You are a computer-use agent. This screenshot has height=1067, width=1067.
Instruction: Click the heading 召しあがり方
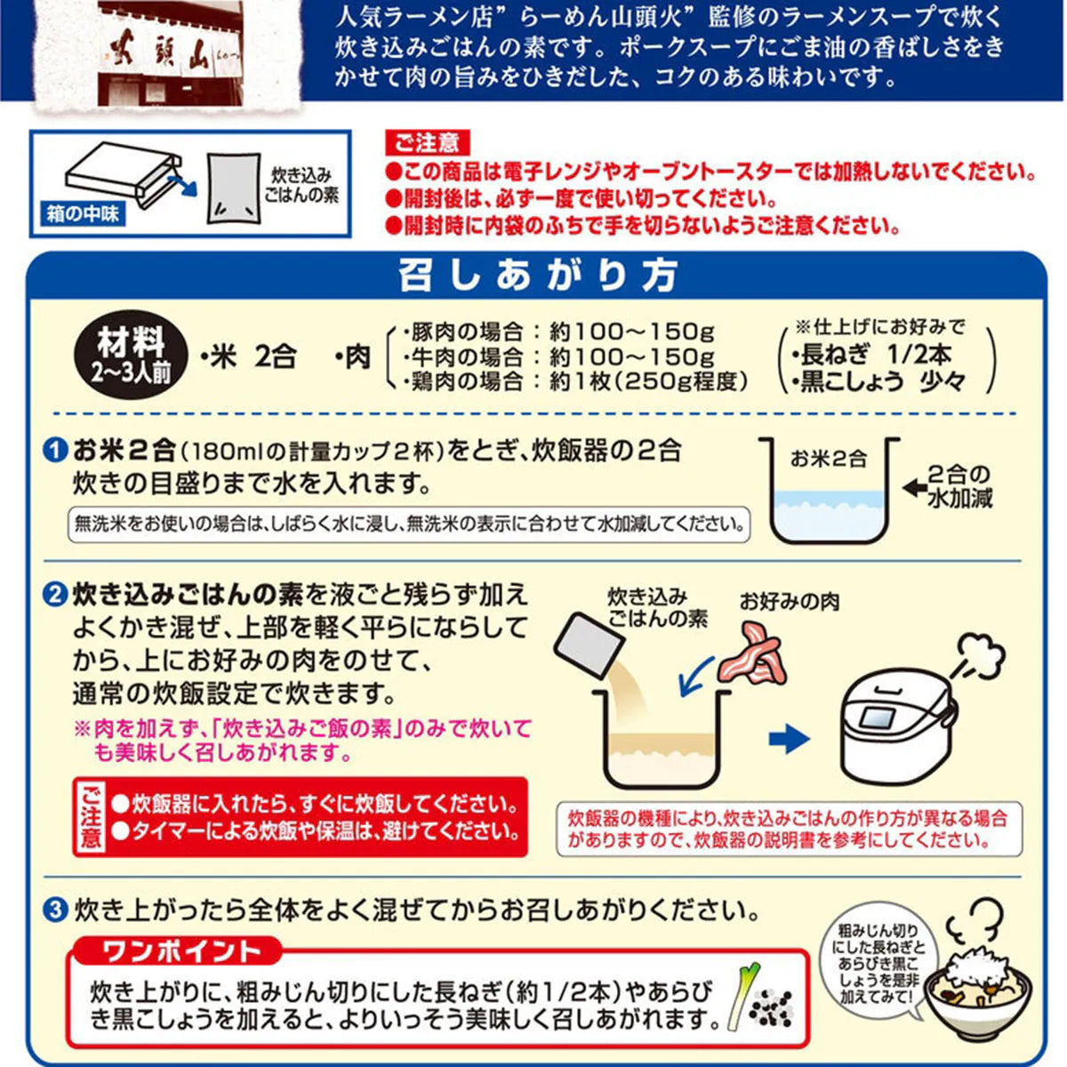point(537,276)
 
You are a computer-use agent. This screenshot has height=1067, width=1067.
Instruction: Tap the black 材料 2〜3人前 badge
point(132,357)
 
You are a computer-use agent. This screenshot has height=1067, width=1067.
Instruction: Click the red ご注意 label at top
point(426,142)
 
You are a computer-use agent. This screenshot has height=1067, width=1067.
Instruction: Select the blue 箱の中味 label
point(82,214)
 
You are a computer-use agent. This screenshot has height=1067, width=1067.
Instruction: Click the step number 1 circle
point(57,451)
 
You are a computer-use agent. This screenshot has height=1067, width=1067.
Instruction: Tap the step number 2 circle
point(57,595)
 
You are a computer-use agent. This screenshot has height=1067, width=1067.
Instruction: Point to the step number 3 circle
point(57,910)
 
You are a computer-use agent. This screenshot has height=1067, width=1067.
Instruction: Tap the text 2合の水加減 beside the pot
point(959,486)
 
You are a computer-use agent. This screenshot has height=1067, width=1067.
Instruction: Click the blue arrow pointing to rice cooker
point(788,739)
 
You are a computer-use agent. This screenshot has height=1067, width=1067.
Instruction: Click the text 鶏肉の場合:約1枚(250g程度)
point(575,381)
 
